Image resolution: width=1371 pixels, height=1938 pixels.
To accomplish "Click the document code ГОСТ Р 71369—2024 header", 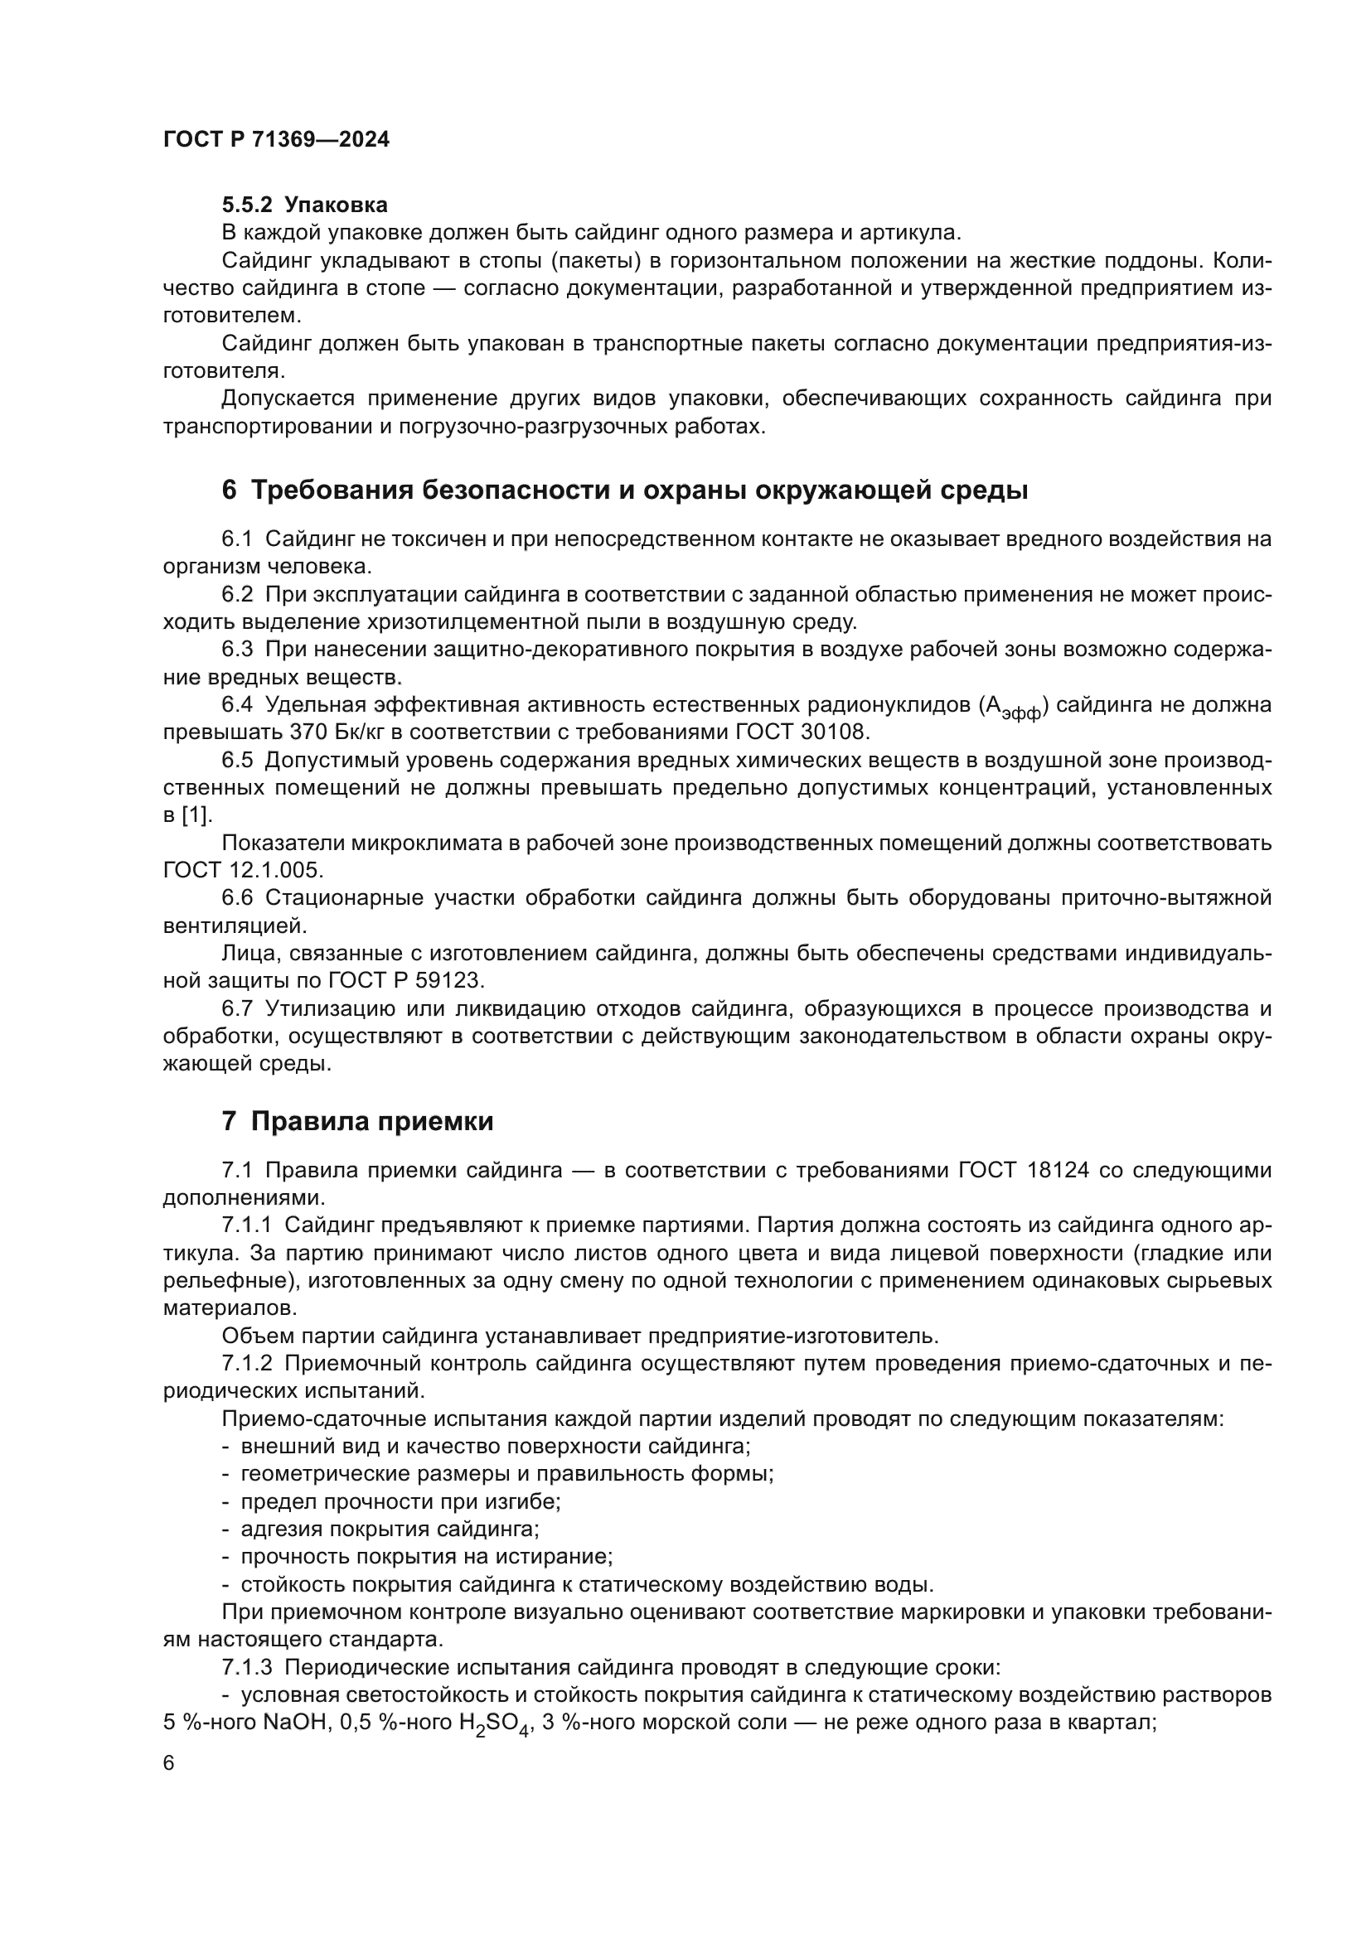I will tap(276, 140).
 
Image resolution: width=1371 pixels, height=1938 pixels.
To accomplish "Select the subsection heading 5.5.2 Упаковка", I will tap(305, 205).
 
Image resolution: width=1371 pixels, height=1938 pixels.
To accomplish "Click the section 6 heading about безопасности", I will tap(625, 490).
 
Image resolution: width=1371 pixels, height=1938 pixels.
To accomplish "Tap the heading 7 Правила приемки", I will tap(357, 1122).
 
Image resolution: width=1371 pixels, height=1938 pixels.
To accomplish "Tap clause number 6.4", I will tap(237, 705).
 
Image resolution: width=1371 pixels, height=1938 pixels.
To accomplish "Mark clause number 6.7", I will tap(237, 1008).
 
